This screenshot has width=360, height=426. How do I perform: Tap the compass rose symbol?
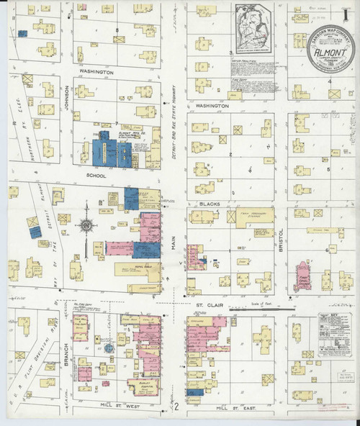(86, 225)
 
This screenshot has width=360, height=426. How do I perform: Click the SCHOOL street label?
(96, 176)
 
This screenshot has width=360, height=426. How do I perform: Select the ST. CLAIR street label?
(210, 305)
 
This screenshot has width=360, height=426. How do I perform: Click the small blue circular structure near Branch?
(108, 348)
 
